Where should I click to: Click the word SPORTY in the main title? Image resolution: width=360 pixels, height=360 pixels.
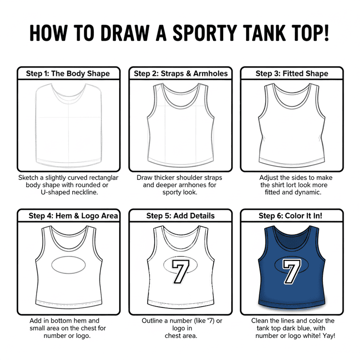point(204,33)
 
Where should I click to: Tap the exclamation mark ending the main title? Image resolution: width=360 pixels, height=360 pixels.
point(326,33)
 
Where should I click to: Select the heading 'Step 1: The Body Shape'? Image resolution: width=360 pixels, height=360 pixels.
point(67,74)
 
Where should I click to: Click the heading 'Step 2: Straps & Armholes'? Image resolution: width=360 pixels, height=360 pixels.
point(180,74)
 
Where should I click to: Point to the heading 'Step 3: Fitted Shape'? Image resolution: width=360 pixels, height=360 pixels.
point(292,74)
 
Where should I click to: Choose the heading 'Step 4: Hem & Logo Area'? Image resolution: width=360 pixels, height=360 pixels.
point(73,216)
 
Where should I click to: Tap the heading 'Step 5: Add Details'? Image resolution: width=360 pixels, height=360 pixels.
point(180,216)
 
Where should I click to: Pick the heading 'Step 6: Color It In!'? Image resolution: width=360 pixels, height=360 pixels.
point(291,216)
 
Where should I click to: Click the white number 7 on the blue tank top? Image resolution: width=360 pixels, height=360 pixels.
point(292,271)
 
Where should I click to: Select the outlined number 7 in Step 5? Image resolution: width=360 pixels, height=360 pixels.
point(180,271)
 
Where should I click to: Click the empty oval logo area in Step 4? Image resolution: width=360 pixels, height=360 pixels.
point(68,265)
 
